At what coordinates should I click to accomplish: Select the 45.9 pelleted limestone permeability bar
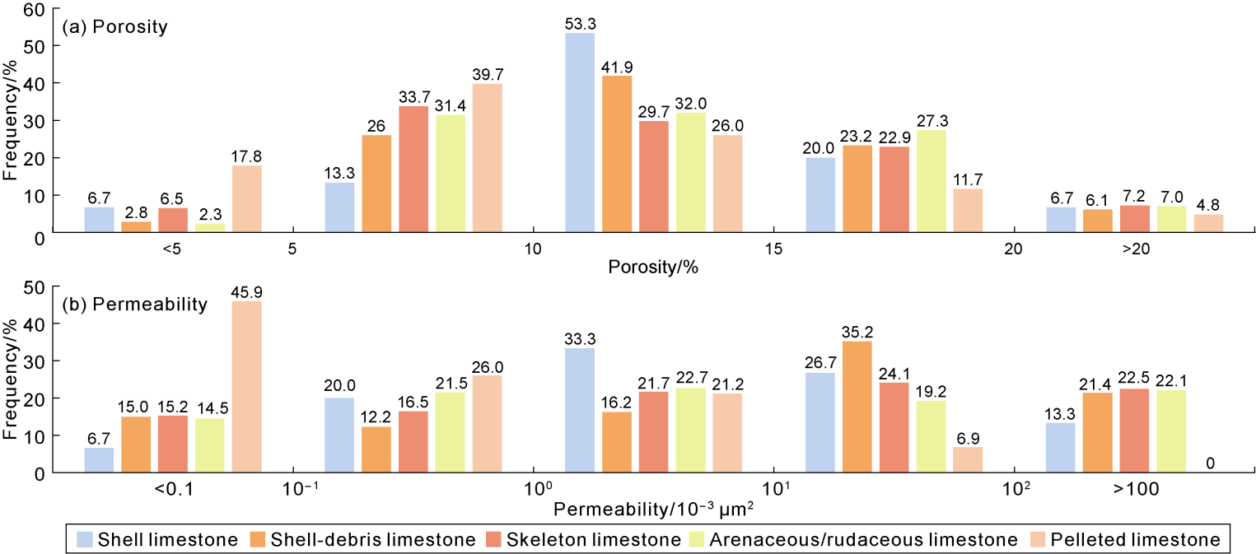pyautogui.click(x=247, y=387)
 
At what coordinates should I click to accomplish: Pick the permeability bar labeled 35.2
pyautogui.click(x=857, y=407)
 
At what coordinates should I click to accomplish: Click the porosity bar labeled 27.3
pyautogui.click(x=931, y=180)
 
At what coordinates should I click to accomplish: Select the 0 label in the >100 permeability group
pyautogui.click(x=1209, y=463)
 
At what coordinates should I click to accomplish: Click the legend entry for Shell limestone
pyautogui.click(x=157, y=540)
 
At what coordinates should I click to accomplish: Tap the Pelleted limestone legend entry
pyautogui.click(x=1124, y=540)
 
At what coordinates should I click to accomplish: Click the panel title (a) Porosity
pyautogui.click(x=114, y=27)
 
